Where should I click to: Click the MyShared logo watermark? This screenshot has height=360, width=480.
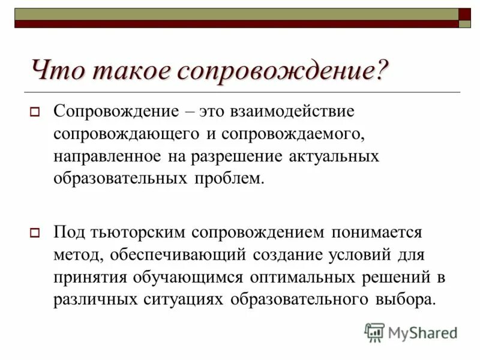410,332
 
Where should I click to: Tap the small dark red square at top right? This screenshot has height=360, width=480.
464,14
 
